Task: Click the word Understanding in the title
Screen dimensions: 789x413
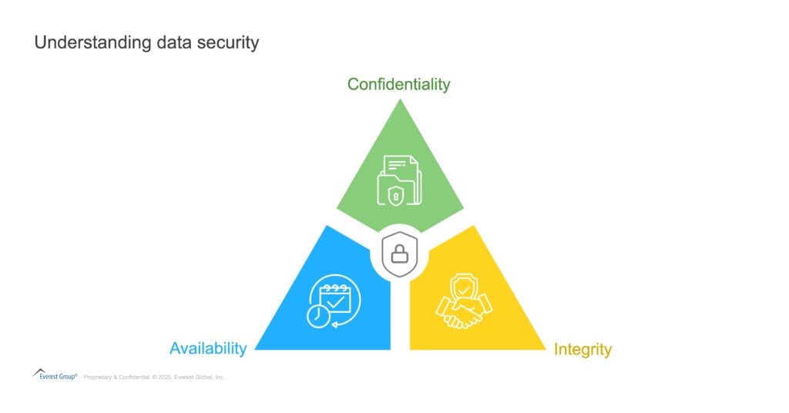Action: pyautogui.click(x=93, y=42)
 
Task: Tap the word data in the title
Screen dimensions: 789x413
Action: pyautogui.click(x=174, y=42)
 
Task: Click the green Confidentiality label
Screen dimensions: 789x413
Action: pyautogui.click(x=398, y=85)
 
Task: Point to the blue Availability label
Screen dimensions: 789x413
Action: pyautogui.click(x=208, y=348)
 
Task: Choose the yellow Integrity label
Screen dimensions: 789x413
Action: pyautogui.click(x=583, y=349)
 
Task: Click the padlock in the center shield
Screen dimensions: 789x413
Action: pyautogui.click(x=400, y=254)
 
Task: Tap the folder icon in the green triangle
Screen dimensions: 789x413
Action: pyautogui.click(x=400, y=180)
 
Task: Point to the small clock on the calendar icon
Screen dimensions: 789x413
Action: pyautogui.click(x=318, y=316)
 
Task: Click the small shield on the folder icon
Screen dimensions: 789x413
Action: pyautogui.click(x=396, y=195)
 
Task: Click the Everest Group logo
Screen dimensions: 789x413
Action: pyautogui.click(x=55, y=374)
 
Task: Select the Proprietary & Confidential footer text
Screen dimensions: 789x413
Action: pyautogui.click(x=117, y=377)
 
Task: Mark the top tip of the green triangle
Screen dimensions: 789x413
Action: pyautogui.click(x=400, y=99)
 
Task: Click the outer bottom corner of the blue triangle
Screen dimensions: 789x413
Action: pyautogui.click(x=255, y=350)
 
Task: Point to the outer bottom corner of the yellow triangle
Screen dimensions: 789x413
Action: pyautogui.click(x=546, y=350)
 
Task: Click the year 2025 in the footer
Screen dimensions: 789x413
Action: pyautogui.click(x=165, y=377)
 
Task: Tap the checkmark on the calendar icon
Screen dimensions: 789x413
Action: pyautogui.click(x=335, y=302)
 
